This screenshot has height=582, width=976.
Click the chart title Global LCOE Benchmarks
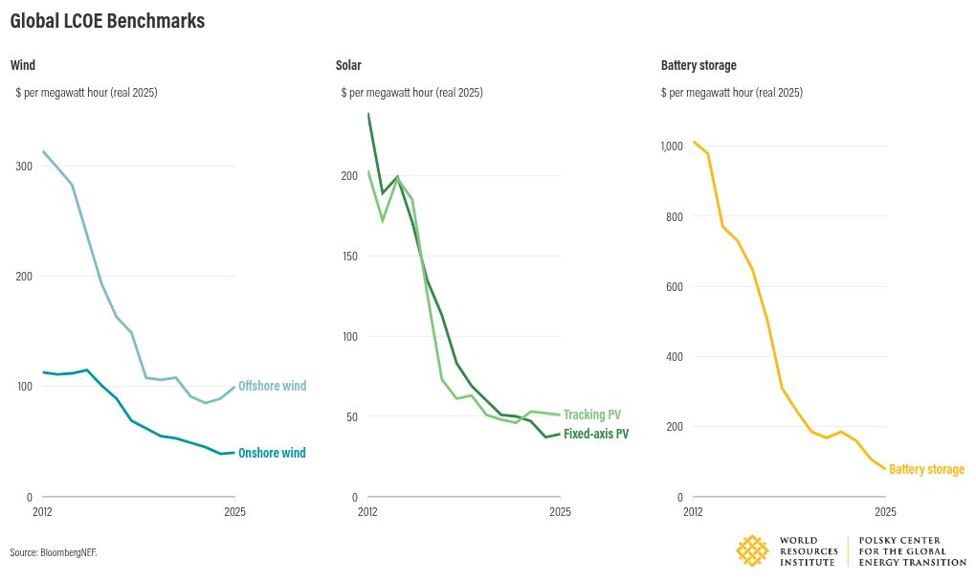[x=108, y=20]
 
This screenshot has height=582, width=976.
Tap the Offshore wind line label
[x=273, y=386]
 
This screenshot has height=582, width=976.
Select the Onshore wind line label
[x=272, y=453]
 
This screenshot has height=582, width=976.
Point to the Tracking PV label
[x=592, y=414]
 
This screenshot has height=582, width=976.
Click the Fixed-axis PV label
[x=596, y=434]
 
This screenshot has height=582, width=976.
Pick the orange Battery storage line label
[x=926, y=469]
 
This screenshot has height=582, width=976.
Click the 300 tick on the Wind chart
[x=24, y=167]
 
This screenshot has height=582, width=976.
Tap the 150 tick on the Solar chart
[x=350, y=256]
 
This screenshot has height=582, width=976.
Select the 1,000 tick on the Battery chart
[x=673, y=146]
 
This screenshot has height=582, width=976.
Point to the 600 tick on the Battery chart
[x=675, y=287]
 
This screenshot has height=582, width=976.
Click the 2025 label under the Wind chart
[x=234, y=512]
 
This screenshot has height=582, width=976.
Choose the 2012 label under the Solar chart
[x=367, y=512]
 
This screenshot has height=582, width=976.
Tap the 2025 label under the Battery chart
[x=885, y=512]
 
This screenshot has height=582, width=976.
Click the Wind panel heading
[x=23, y=65]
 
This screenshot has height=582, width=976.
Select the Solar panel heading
[x=348, y=65]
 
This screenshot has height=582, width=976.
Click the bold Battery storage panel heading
[x=699, y=65]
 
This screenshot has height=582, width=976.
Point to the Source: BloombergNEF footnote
[x=54, y=552]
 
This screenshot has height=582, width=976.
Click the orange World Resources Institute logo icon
[x=752, y=550]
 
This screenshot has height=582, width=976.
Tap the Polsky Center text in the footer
[x=913, y=551]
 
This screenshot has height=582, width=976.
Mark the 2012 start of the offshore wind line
[x=43, y=151]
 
